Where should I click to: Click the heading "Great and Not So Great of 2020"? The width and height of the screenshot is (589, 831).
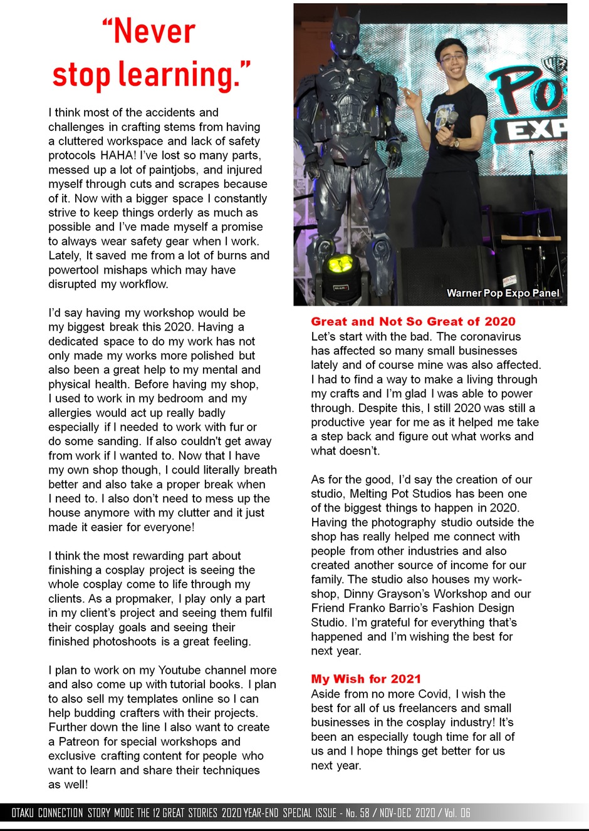[413, 321]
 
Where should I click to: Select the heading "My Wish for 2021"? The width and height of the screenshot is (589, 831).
[366, 679]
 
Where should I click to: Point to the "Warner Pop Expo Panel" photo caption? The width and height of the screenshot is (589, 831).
[503, 292]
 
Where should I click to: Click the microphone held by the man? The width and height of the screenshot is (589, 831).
[449, 119]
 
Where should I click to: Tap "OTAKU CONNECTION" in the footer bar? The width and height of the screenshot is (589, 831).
[47, 813]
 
